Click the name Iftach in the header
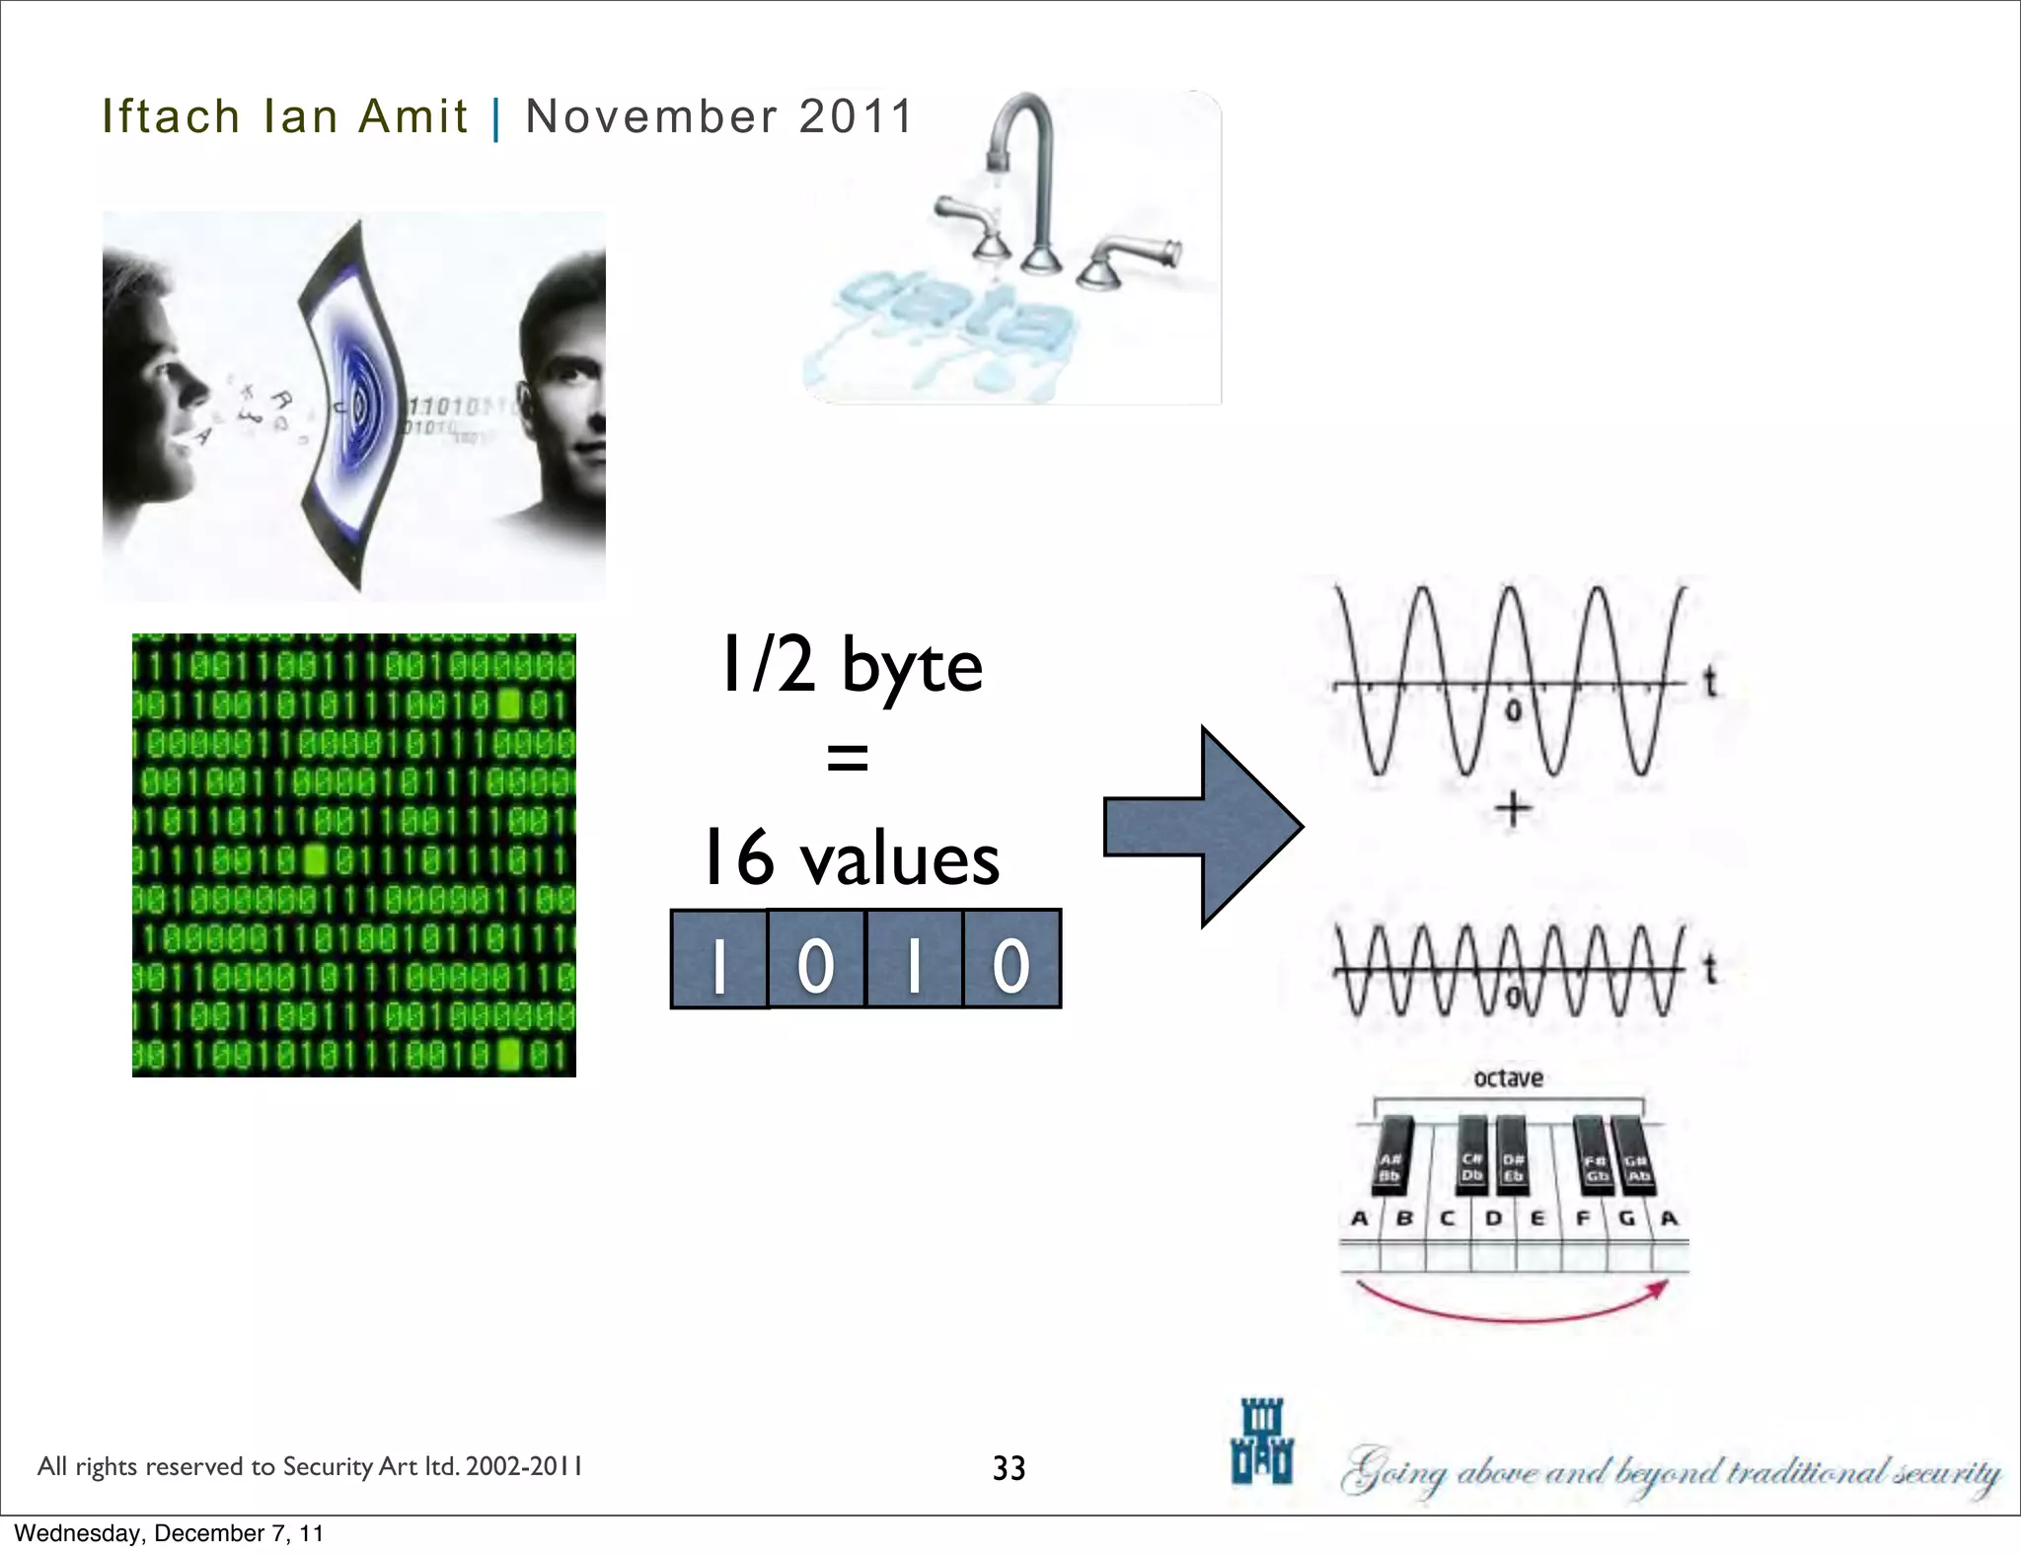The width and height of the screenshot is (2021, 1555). (x=171, y=116)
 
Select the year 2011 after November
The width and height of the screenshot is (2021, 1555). (x=857, y=116)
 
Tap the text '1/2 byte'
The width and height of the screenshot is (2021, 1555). (x=852, y=665)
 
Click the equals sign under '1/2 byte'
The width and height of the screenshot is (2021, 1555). (x=848, y=759)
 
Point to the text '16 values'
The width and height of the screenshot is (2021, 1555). (x=850, y=857)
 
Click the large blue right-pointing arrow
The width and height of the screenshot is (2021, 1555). (x=1203, y=827)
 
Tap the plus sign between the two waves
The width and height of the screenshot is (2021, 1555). (x=1513, y=810)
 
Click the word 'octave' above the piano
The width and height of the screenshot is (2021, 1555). (x=1508, y=1078)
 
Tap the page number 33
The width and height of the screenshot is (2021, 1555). (x=1009, y=1468)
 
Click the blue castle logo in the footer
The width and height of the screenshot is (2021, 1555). (x=1261, y=1442)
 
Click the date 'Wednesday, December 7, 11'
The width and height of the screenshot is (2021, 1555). (x=169, y=1533)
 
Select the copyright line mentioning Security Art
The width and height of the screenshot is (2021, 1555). (x=309, y=1466)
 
